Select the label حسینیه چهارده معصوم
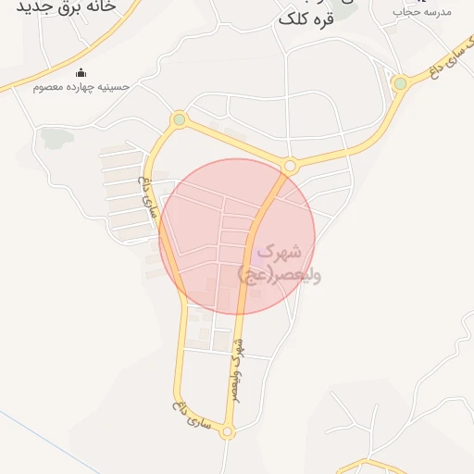pyautogui.click(x=81, y=87)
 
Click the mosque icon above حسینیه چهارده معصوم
pyautogui.click(x=81, y=73)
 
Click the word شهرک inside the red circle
pyautogui.click(x=281, y=250)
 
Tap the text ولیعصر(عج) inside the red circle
pyautogui.click(x=279, y=274)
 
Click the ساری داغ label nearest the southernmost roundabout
pyautogui.click(x=193, y=417)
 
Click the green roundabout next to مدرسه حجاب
pyautogui.click(x=400, y=83)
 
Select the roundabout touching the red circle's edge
pyautogui.click(x=290, y=166)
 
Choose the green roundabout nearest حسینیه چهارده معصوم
pyautogui.click(x=179, y=118)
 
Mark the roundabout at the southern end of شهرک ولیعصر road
pyautogui.click(x=228, y=431)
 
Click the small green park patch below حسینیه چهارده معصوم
pyautogui.click(x=56, y=139)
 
